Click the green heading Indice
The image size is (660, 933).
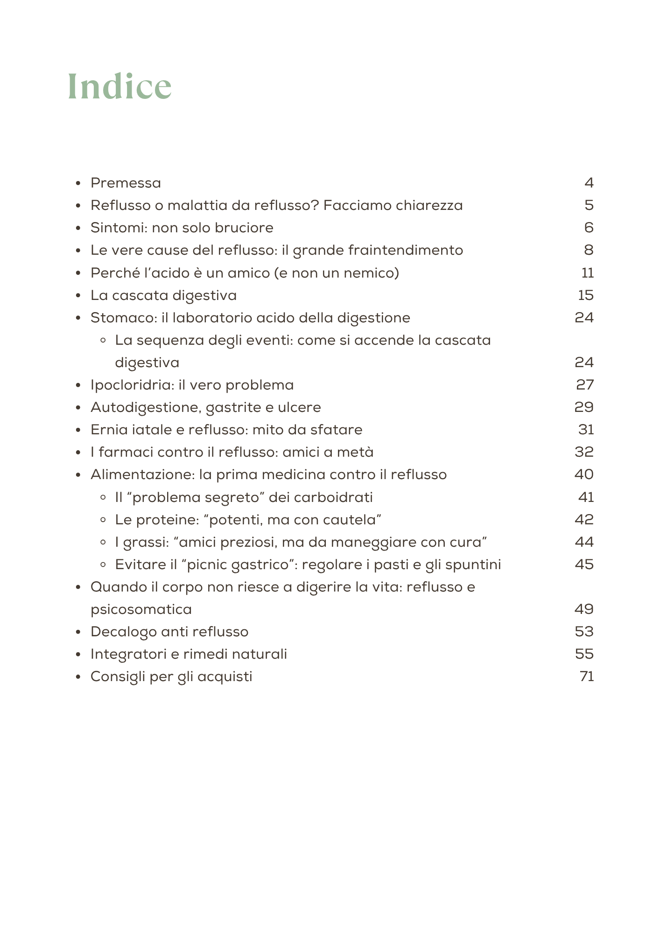point(119,87)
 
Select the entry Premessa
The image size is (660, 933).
point(126,183)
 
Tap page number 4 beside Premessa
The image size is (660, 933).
point(589,183)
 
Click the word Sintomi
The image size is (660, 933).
point(119,228)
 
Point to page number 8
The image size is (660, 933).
point(589,250)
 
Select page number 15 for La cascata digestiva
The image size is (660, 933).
point(585,295)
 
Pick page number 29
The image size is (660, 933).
point(584,407)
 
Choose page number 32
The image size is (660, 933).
point(584,452)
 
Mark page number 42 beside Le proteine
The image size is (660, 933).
point(584,520)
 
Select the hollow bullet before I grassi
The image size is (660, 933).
point(104,543)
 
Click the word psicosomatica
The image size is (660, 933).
point(141,609)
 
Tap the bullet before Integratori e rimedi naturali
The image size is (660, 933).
point(79,654)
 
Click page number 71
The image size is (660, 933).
point(586,676)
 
